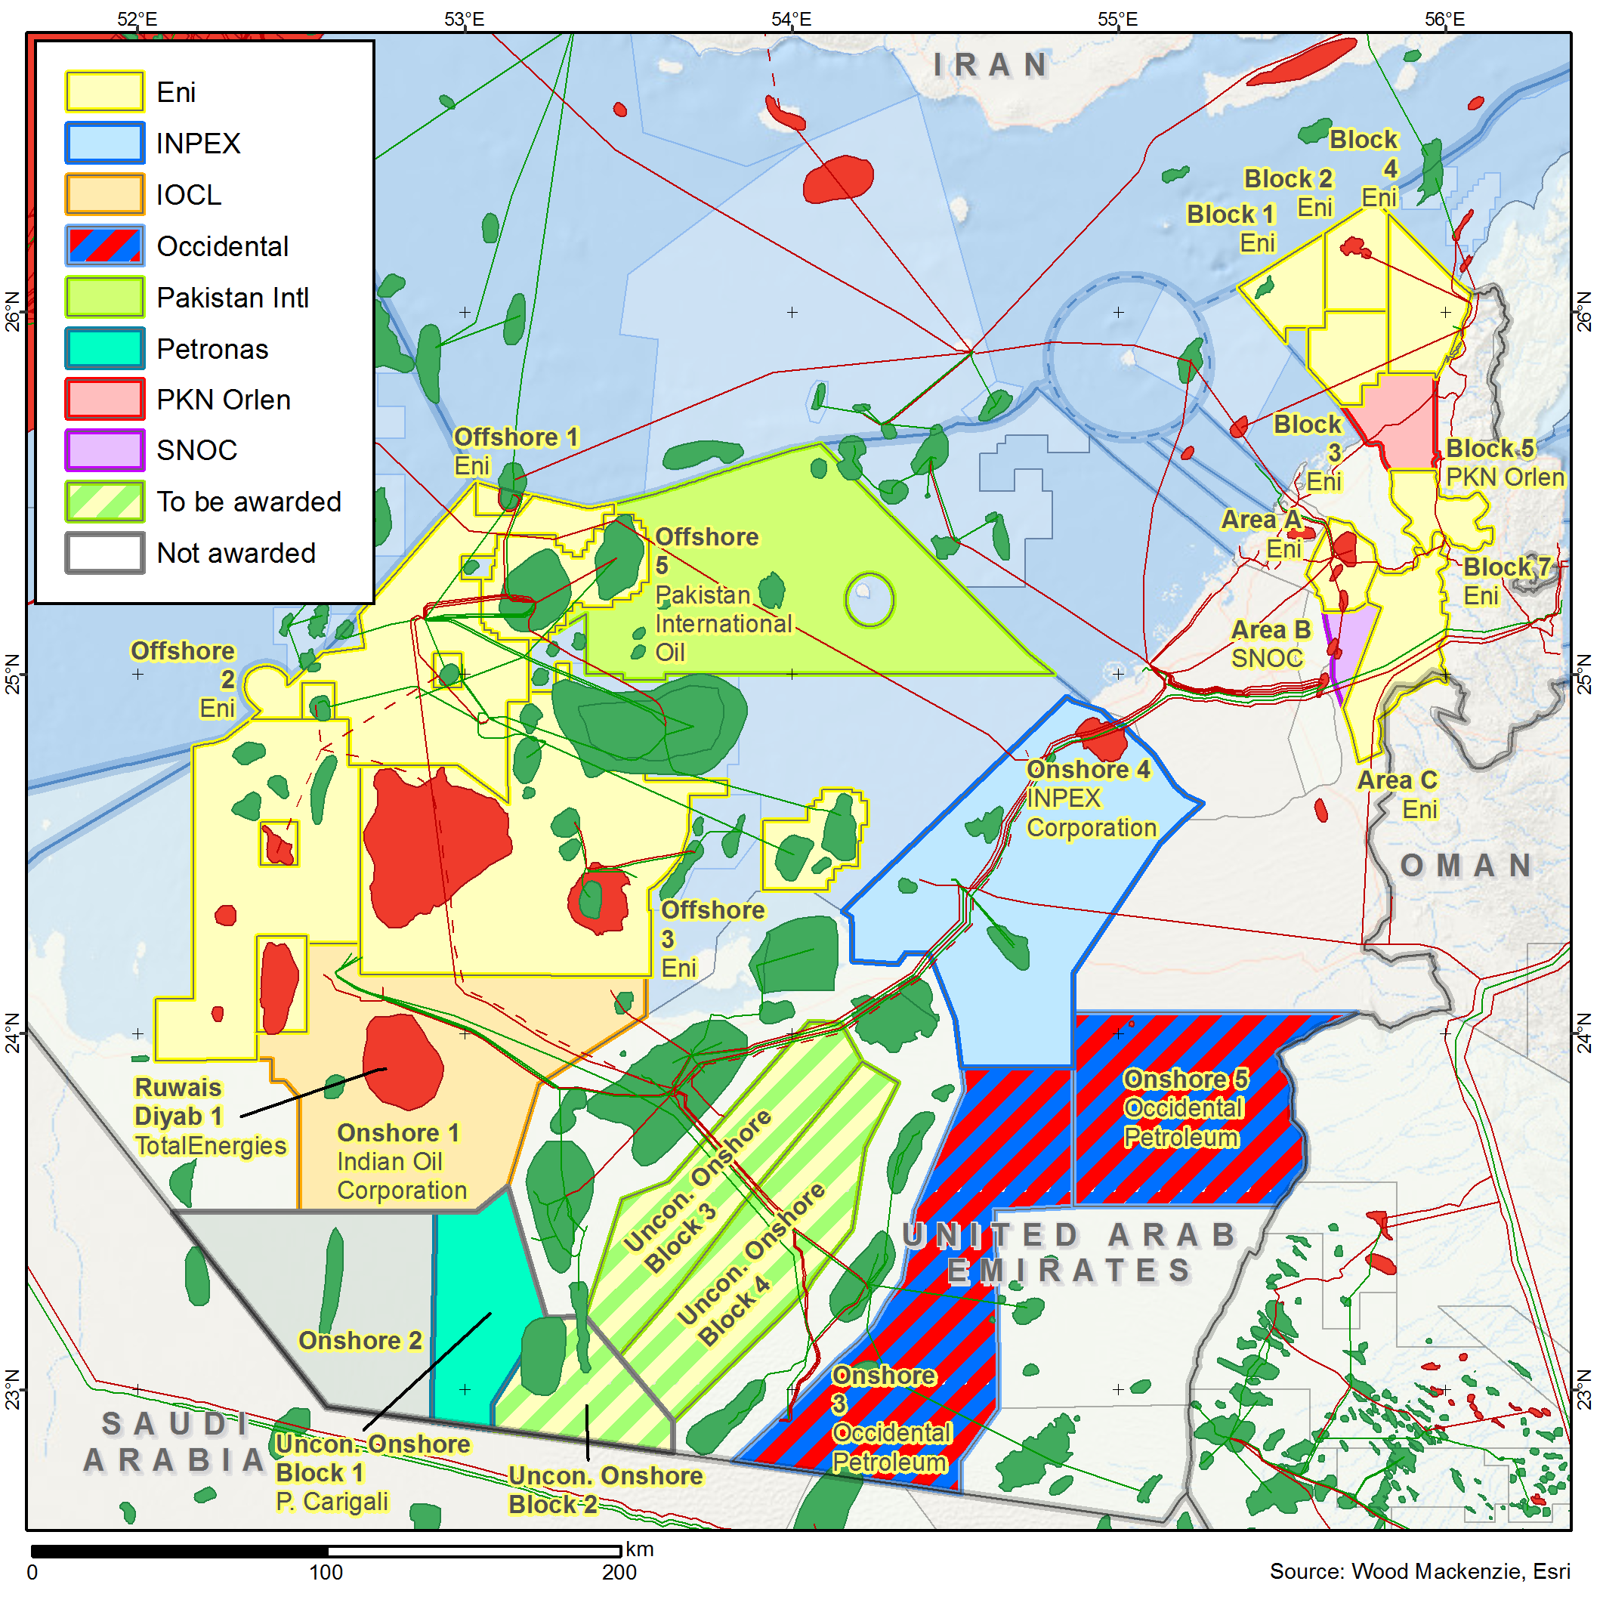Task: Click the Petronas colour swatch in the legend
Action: coord(104,348)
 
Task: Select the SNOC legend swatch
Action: coord(104,450)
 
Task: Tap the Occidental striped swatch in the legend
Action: coord(104,246)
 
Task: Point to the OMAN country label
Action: coord(1466,866)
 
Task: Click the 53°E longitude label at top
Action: coord(464,19)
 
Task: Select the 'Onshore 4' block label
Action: coord(1088,770)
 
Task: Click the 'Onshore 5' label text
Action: coord(1184,1079)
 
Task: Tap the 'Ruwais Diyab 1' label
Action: coord(178,1102)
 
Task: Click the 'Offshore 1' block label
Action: coord(515,437)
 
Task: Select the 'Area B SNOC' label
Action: coord(1269,644)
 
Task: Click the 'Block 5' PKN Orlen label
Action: coord(1490,449)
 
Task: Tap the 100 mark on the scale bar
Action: coord(326,1572)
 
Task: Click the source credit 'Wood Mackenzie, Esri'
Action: coord(1460,1571)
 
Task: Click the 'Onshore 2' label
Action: coord(360,1341)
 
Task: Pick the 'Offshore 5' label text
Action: coord(706,537)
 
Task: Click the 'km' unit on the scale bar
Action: coord(639,1549)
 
